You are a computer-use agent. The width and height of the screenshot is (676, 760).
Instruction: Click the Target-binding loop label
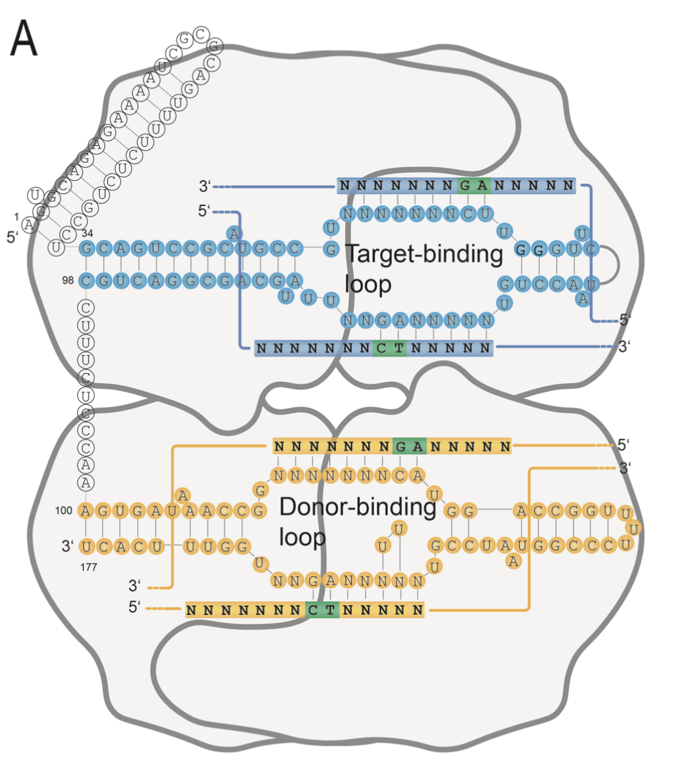(423, 269)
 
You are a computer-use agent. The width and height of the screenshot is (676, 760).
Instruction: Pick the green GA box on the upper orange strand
(410, 447)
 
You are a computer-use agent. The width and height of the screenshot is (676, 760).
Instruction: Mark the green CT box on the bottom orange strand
(322, 610)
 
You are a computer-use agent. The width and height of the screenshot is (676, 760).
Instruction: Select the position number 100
(68, 510)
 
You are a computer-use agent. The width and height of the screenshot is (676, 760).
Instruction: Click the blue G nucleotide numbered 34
(87, 249)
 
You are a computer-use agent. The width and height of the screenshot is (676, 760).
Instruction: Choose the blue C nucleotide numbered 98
(87, 281)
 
